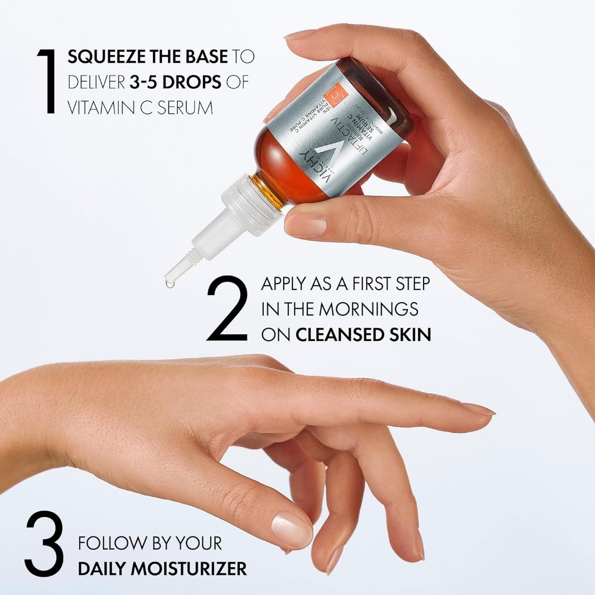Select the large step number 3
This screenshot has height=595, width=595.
(44, 544)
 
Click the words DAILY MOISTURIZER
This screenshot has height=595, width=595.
(162, 568)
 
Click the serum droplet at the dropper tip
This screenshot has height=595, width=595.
(169, 284)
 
